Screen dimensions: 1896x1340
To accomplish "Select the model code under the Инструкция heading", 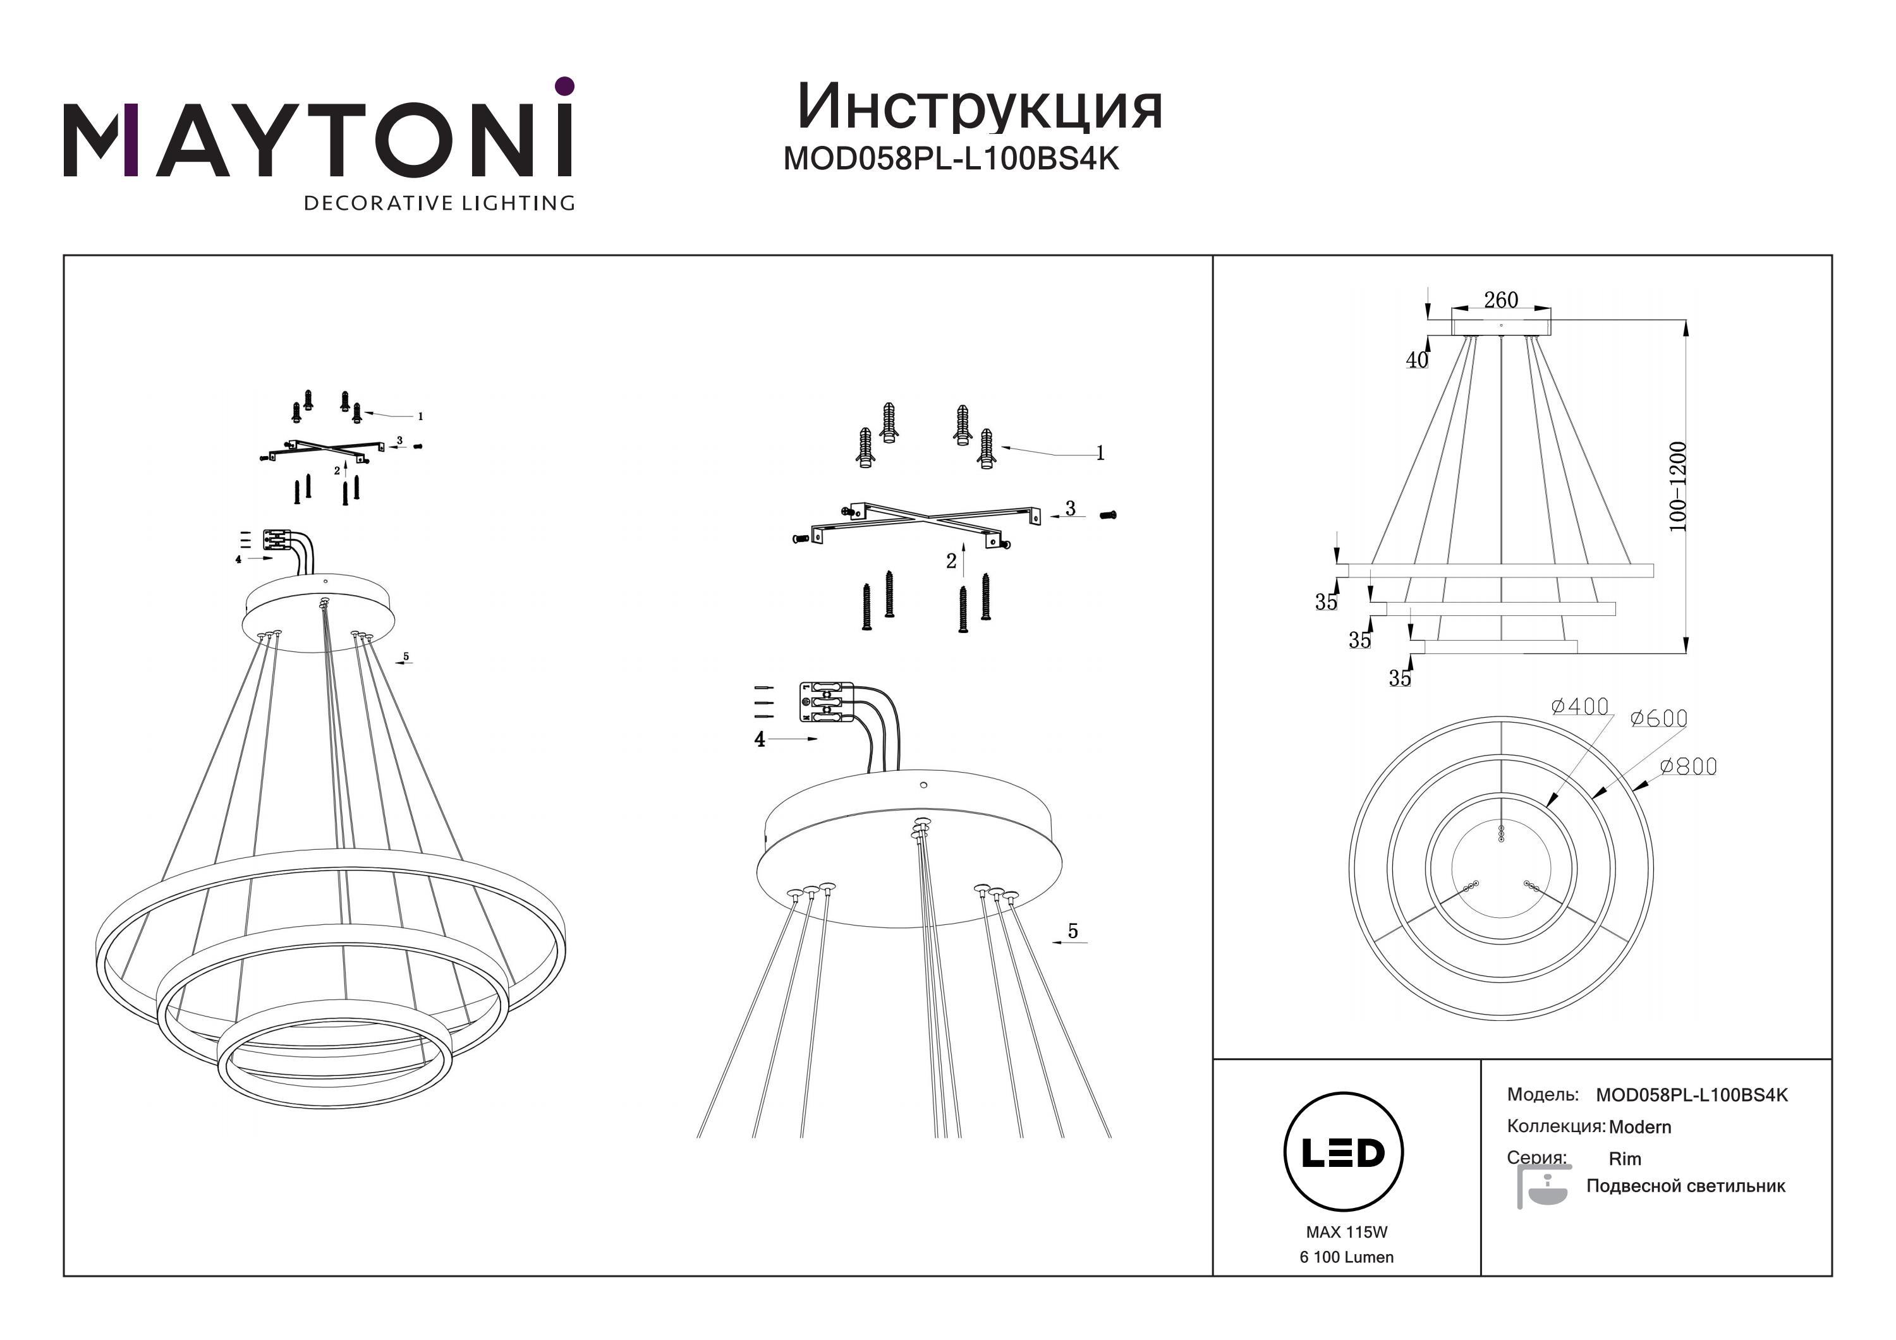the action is coord(951,159).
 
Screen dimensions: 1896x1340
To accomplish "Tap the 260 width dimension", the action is coord(1501,301).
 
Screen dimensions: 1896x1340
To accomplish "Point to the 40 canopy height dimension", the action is coord(1417,361).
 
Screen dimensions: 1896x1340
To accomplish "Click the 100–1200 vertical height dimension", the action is coord(1678,487).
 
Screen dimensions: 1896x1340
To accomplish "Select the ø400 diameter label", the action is coord(1580,707).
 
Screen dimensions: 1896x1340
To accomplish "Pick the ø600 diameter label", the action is coord(1659,718).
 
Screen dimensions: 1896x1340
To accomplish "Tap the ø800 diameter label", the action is coord(1689,766).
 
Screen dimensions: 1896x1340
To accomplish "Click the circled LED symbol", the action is coord(1344,1152).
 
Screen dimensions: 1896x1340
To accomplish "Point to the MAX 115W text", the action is coord(1347,1232).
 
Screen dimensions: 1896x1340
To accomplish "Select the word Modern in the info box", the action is coord(1640,1127).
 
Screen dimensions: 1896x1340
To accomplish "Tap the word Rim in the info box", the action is coord(1625,1159).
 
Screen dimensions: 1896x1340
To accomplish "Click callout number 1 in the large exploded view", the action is coord(1100,452).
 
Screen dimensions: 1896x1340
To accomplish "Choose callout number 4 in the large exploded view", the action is coord(760,740).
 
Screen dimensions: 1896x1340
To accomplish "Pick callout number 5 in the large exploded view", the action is coord(1073,931).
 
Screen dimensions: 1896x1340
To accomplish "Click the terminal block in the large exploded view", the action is coord(826,703).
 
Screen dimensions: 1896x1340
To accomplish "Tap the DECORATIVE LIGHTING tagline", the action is coord(439,203).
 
